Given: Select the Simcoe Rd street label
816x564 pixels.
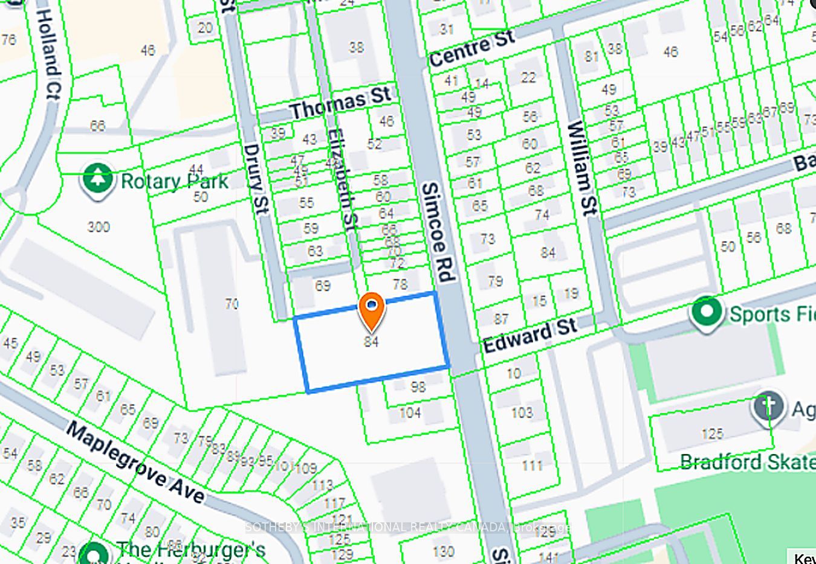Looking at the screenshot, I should [438, 233].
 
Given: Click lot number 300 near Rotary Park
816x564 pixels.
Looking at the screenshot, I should [99, 227].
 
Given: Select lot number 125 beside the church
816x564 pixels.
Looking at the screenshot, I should [712, 434].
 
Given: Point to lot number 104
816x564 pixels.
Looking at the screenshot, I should [410, 413].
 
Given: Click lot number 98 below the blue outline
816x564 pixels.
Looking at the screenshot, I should [418, 386].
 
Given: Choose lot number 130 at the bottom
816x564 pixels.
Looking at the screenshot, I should [443, 551].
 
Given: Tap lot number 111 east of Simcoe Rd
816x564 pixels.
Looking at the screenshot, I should [532, 465].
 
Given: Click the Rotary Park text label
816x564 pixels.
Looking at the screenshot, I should [174, 181].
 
